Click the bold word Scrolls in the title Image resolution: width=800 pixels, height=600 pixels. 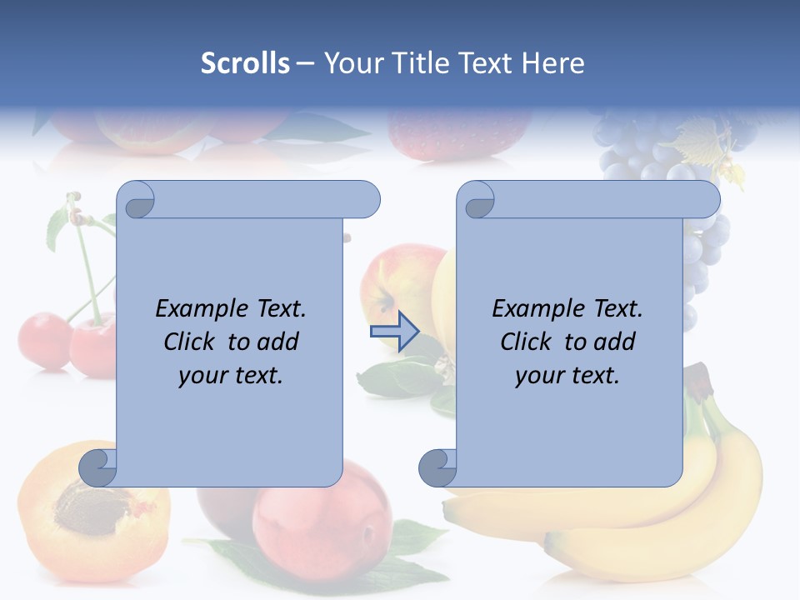tap(245, 63)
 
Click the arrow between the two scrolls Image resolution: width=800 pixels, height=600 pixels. tap(393, 332)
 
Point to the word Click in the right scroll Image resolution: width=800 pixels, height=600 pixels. tap(526, 342)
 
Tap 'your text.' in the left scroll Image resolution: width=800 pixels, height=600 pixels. tap(231, 375)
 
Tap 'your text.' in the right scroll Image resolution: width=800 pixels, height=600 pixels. tap(567, 375)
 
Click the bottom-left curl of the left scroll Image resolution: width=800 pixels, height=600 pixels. tap(98, 468)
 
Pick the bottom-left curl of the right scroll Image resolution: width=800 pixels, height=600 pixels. tap(437, 468)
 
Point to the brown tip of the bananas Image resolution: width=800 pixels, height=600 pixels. tap(698, 379)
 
